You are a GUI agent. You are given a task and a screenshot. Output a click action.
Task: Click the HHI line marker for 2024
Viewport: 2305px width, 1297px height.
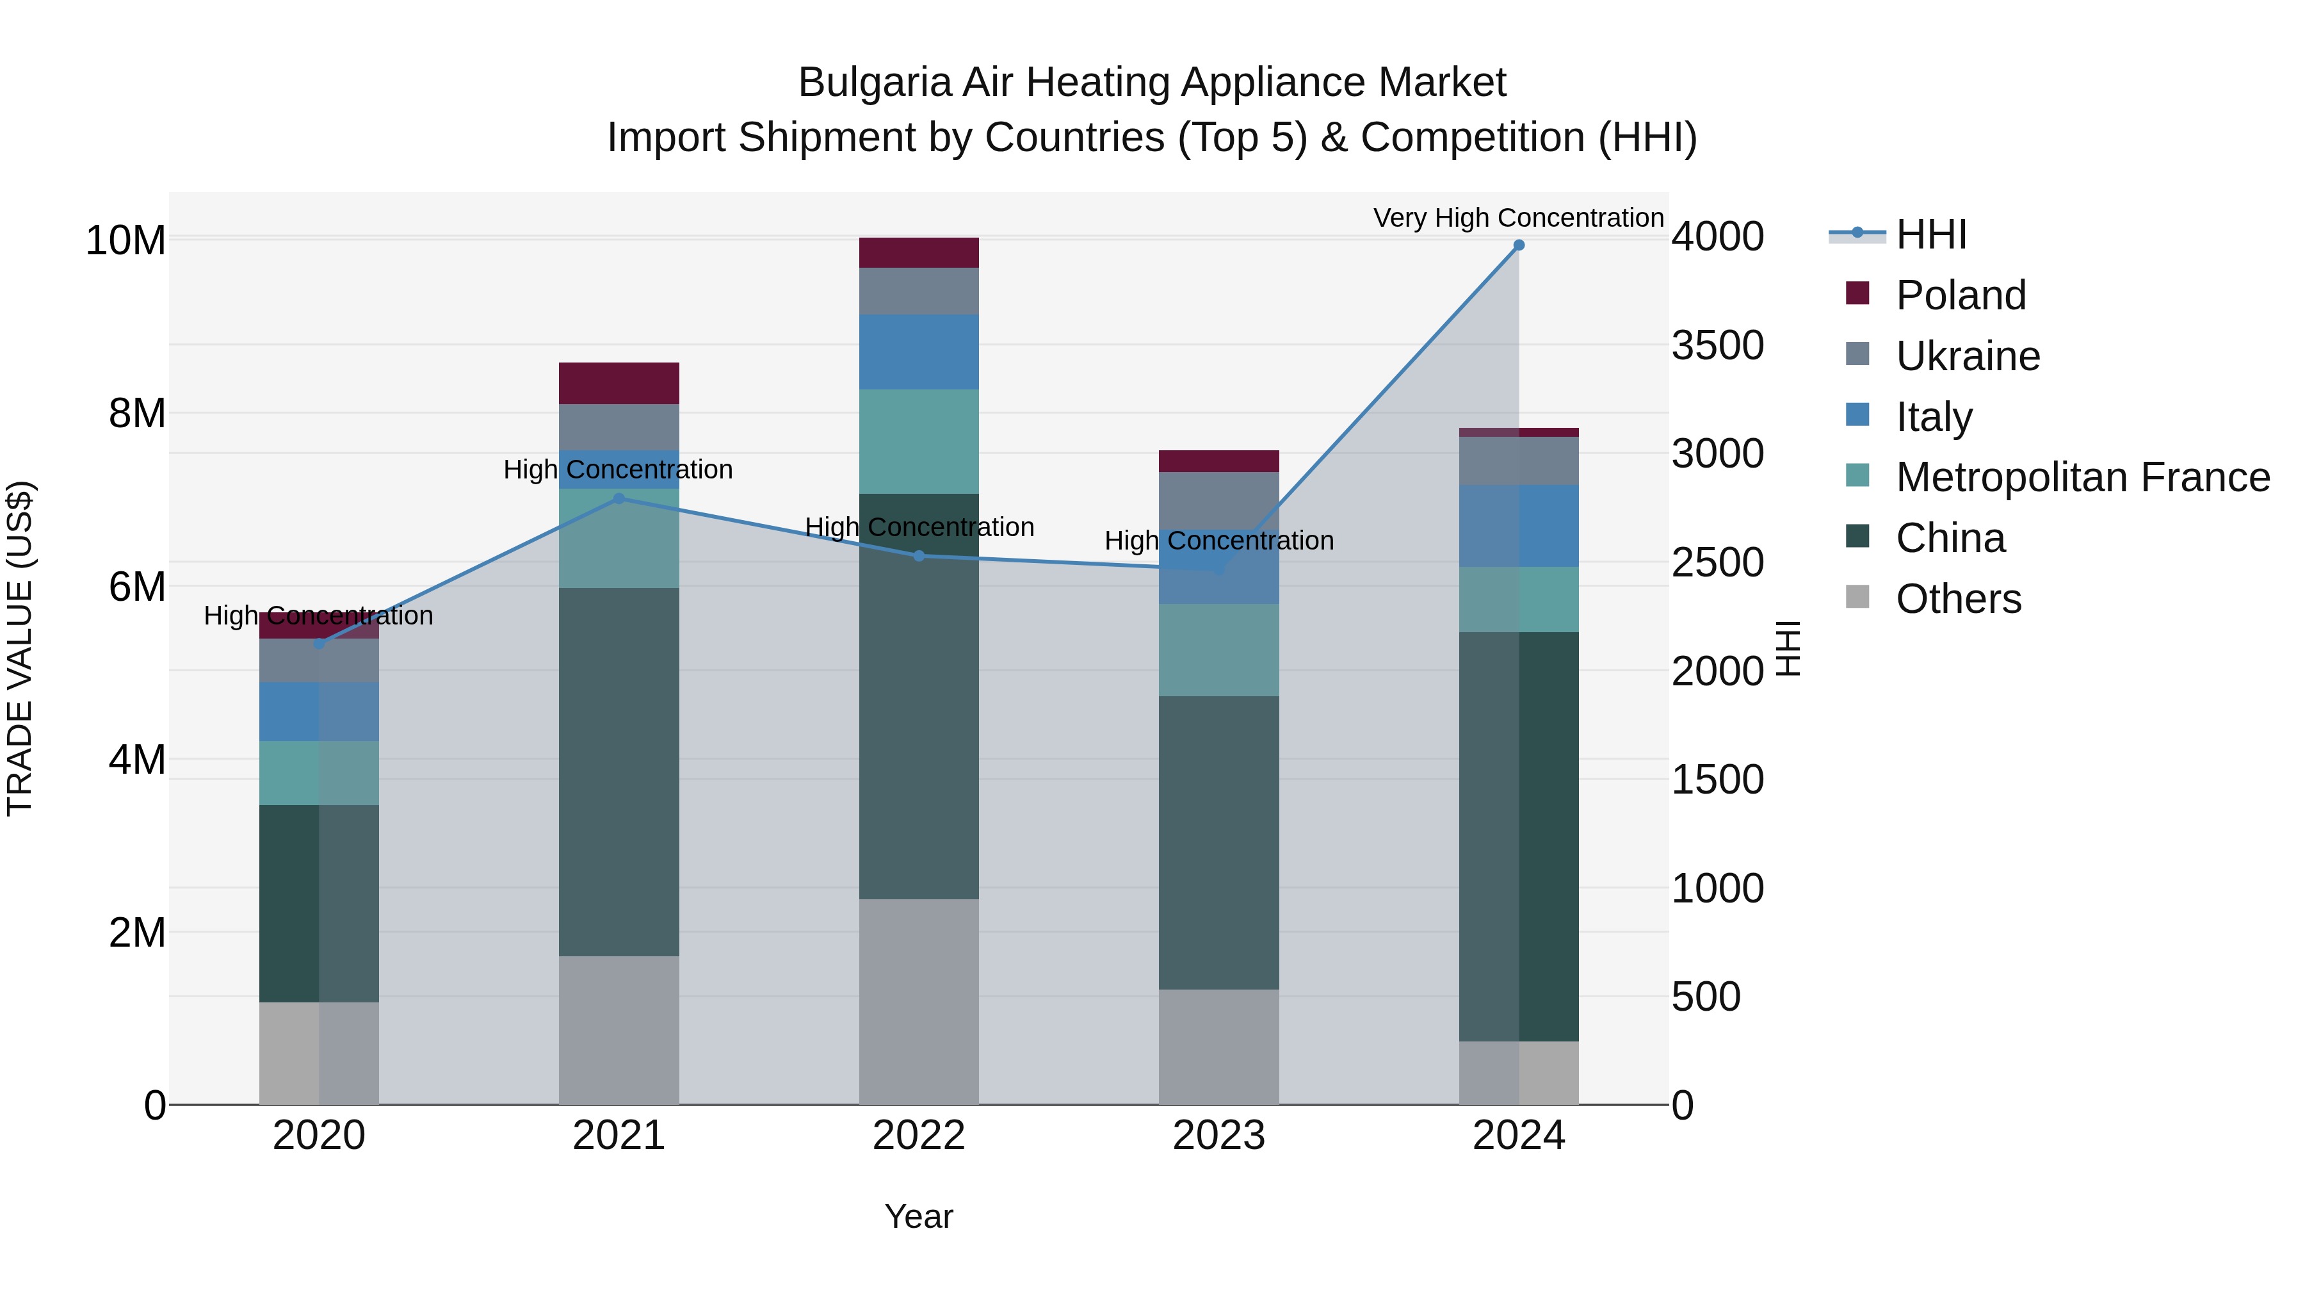tap(1519, 245)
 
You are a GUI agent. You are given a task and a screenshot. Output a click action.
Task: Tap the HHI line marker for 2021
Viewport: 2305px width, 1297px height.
tap(619, 498)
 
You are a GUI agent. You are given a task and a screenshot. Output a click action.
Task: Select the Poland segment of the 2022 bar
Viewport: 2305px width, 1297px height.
tap(919, 252)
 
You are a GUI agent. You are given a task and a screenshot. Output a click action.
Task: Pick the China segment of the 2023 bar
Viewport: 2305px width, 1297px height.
tap(1218, 842)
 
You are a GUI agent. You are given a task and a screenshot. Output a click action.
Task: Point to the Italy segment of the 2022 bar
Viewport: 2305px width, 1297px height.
tap(919, 352)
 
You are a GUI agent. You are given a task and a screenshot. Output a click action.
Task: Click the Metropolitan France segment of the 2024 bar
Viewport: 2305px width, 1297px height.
tap(1519, 599)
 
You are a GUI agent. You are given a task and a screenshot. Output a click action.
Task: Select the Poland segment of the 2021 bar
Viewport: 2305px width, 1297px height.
tap(619, 383)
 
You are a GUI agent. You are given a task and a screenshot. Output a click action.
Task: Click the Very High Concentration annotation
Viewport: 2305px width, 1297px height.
tap(1519, 218)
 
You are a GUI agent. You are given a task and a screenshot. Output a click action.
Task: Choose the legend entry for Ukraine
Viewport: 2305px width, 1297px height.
tap(1968, 356)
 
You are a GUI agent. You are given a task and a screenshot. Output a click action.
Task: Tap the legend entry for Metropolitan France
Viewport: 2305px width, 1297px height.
tap(2082, 477)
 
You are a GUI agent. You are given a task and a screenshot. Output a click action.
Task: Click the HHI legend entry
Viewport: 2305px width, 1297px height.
tap(1931, 234)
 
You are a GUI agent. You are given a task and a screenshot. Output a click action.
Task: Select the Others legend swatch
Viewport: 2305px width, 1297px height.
tap(1857, 597)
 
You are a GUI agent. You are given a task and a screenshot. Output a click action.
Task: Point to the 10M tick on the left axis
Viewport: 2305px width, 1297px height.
tap(125, 240)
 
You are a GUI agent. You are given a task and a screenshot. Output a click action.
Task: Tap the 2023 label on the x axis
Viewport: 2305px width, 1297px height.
tap(1218, 1136)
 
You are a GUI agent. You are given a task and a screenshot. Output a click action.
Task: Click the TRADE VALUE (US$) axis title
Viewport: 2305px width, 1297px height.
tap(20, 648)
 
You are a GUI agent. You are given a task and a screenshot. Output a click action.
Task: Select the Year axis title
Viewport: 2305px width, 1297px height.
tap(919, 1216)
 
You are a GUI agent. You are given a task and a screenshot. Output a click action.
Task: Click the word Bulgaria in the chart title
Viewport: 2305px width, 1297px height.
tap(873, 83)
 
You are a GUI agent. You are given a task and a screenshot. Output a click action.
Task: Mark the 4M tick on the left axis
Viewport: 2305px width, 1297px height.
tap(137, 759)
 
